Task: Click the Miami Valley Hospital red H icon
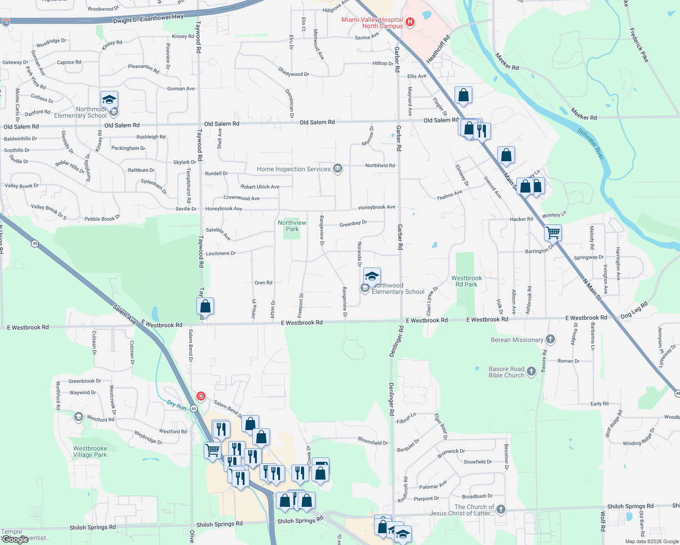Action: tap(410, 22)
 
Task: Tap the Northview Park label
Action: tap(292, 226)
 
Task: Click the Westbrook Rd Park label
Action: tap(466, 281)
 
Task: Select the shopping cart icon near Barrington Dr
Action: tap(553, 233)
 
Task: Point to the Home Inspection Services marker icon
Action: tap(337, 169)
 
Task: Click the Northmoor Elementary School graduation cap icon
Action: tap(109, 99)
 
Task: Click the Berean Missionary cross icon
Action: tap(550, 339)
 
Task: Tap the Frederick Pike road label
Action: tap(639, 45)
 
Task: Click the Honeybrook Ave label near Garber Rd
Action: tap(376, 207)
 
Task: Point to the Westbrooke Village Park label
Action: tap(90, 451)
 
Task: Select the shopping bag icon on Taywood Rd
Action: tap(205, 306)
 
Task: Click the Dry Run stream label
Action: tap(176, 405)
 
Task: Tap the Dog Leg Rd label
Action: tap(634, 311)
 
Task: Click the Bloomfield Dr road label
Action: tap(373, 441)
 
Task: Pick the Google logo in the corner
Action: tap(15, 540)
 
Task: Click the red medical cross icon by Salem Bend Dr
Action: tap(200, 396)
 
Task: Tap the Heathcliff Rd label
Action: tap(438, 49)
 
